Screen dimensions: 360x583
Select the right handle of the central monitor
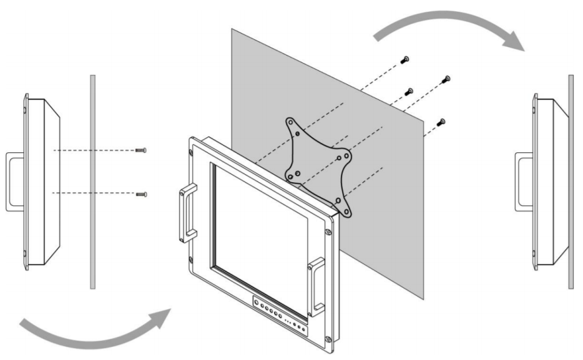317,284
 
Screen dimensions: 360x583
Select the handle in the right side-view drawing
524,182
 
